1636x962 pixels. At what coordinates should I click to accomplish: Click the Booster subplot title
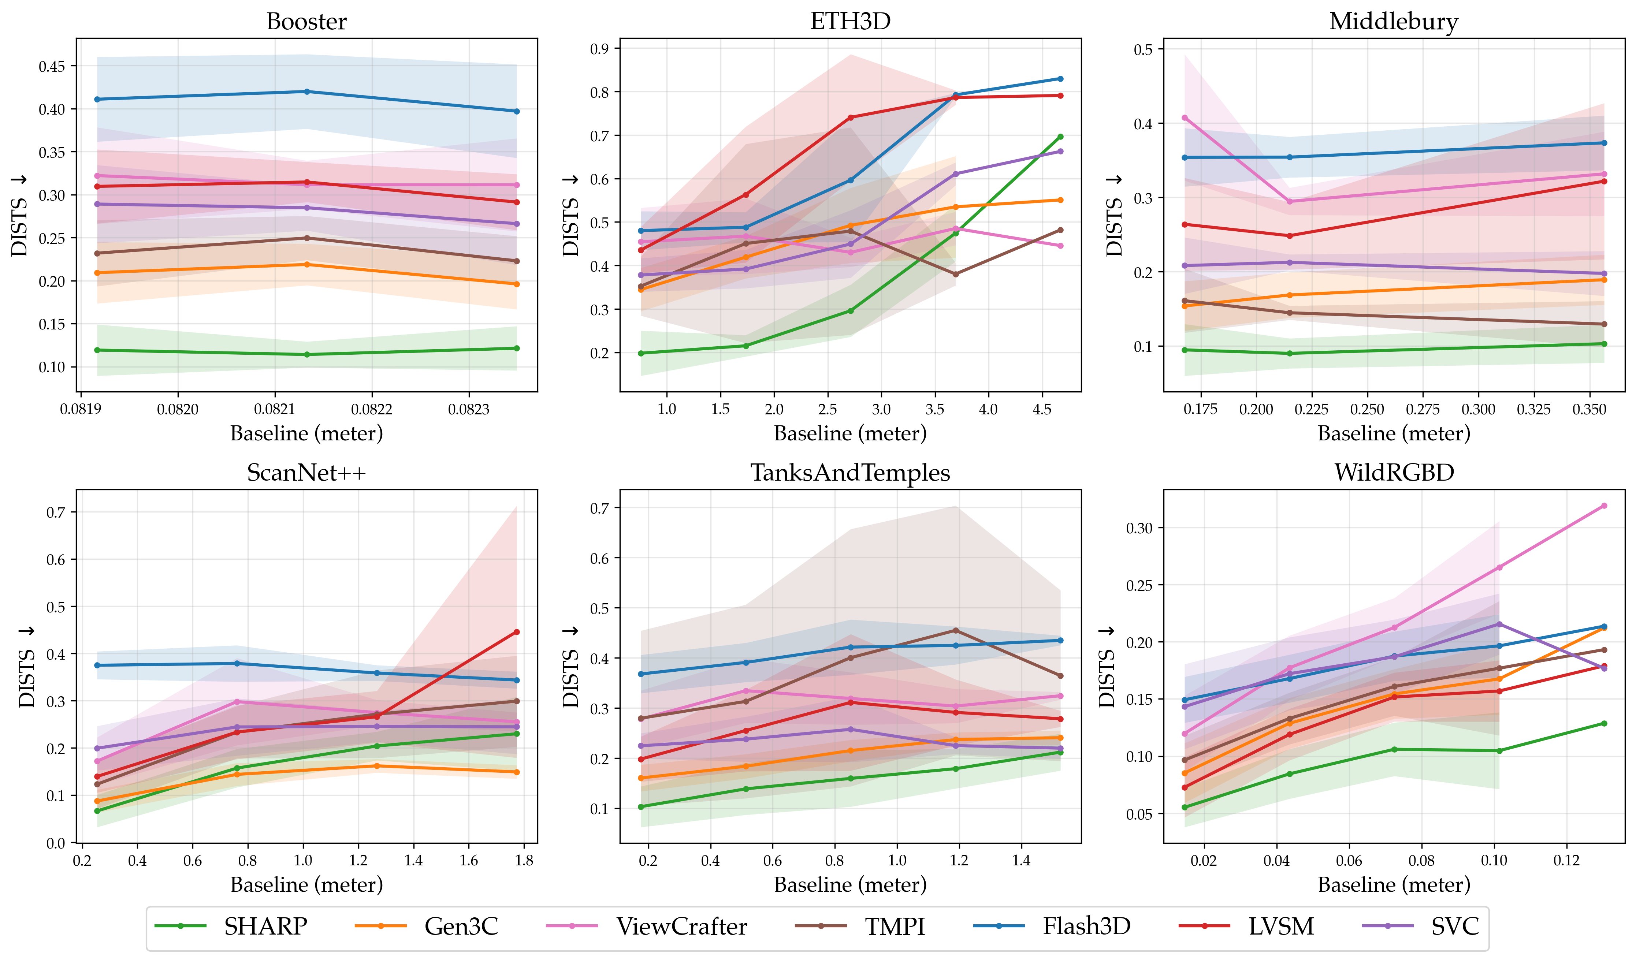(x=306, y=22)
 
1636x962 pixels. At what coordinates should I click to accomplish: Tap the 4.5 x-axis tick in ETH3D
(x=1042, y=410)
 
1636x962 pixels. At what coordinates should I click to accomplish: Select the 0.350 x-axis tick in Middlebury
(x=1589, y=410)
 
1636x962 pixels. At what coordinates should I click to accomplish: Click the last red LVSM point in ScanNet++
(x=517, y=631)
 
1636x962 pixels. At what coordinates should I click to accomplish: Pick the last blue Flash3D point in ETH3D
(x=1061, y=79)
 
